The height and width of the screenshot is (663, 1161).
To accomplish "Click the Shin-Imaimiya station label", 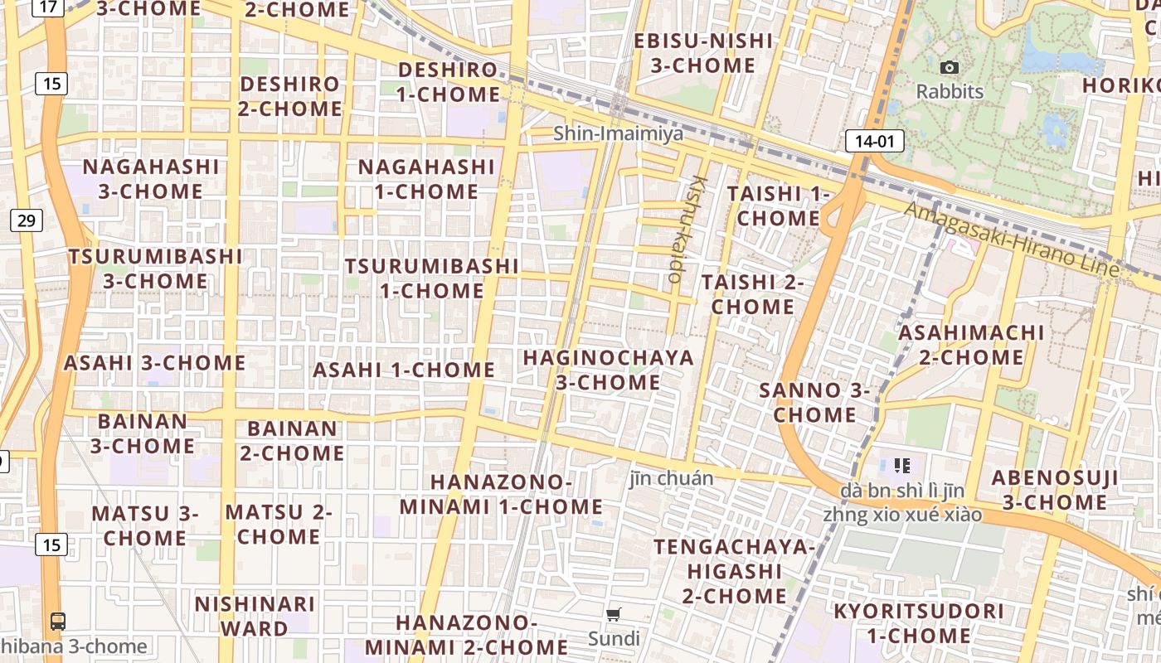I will (619, 133).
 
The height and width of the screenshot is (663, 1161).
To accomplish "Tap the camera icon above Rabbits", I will (950, 68).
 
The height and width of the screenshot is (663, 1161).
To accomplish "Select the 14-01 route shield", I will (874, 141).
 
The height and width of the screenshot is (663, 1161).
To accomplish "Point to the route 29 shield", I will (27, 220).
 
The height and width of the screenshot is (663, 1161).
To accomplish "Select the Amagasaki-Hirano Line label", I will (1012, 239).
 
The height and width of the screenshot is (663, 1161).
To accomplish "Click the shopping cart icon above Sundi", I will (614, 615).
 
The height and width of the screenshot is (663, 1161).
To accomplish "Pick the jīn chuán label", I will (671, 477).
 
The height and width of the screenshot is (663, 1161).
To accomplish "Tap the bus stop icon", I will (58, 621).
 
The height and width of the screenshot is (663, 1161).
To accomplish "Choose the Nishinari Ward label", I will (255, 616).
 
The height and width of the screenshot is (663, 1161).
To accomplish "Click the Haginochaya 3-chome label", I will (608, 370).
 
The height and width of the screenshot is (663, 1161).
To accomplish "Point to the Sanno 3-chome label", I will (814, 402).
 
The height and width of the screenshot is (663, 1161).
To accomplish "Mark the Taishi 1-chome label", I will (778, 206).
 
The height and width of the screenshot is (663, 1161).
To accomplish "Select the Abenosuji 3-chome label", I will (1054, 490).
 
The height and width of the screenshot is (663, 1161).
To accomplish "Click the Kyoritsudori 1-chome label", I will (918, 623).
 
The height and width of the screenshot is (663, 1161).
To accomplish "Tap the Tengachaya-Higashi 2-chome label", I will (734, 571).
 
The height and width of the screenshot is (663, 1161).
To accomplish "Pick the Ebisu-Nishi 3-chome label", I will (702, 53).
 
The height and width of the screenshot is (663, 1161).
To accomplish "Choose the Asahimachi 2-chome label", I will (971, 345).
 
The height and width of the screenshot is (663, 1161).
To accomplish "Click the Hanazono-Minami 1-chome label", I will (501, 494).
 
